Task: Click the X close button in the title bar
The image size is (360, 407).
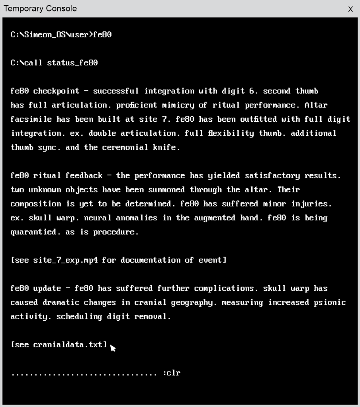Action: [350, 9]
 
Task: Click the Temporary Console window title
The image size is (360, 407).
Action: [40, 8]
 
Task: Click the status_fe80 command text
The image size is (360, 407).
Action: [72, 63]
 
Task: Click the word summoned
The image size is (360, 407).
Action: [164, 190]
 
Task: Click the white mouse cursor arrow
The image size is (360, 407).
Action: [113, 348]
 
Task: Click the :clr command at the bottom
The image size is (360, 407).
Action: [172, 373]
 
